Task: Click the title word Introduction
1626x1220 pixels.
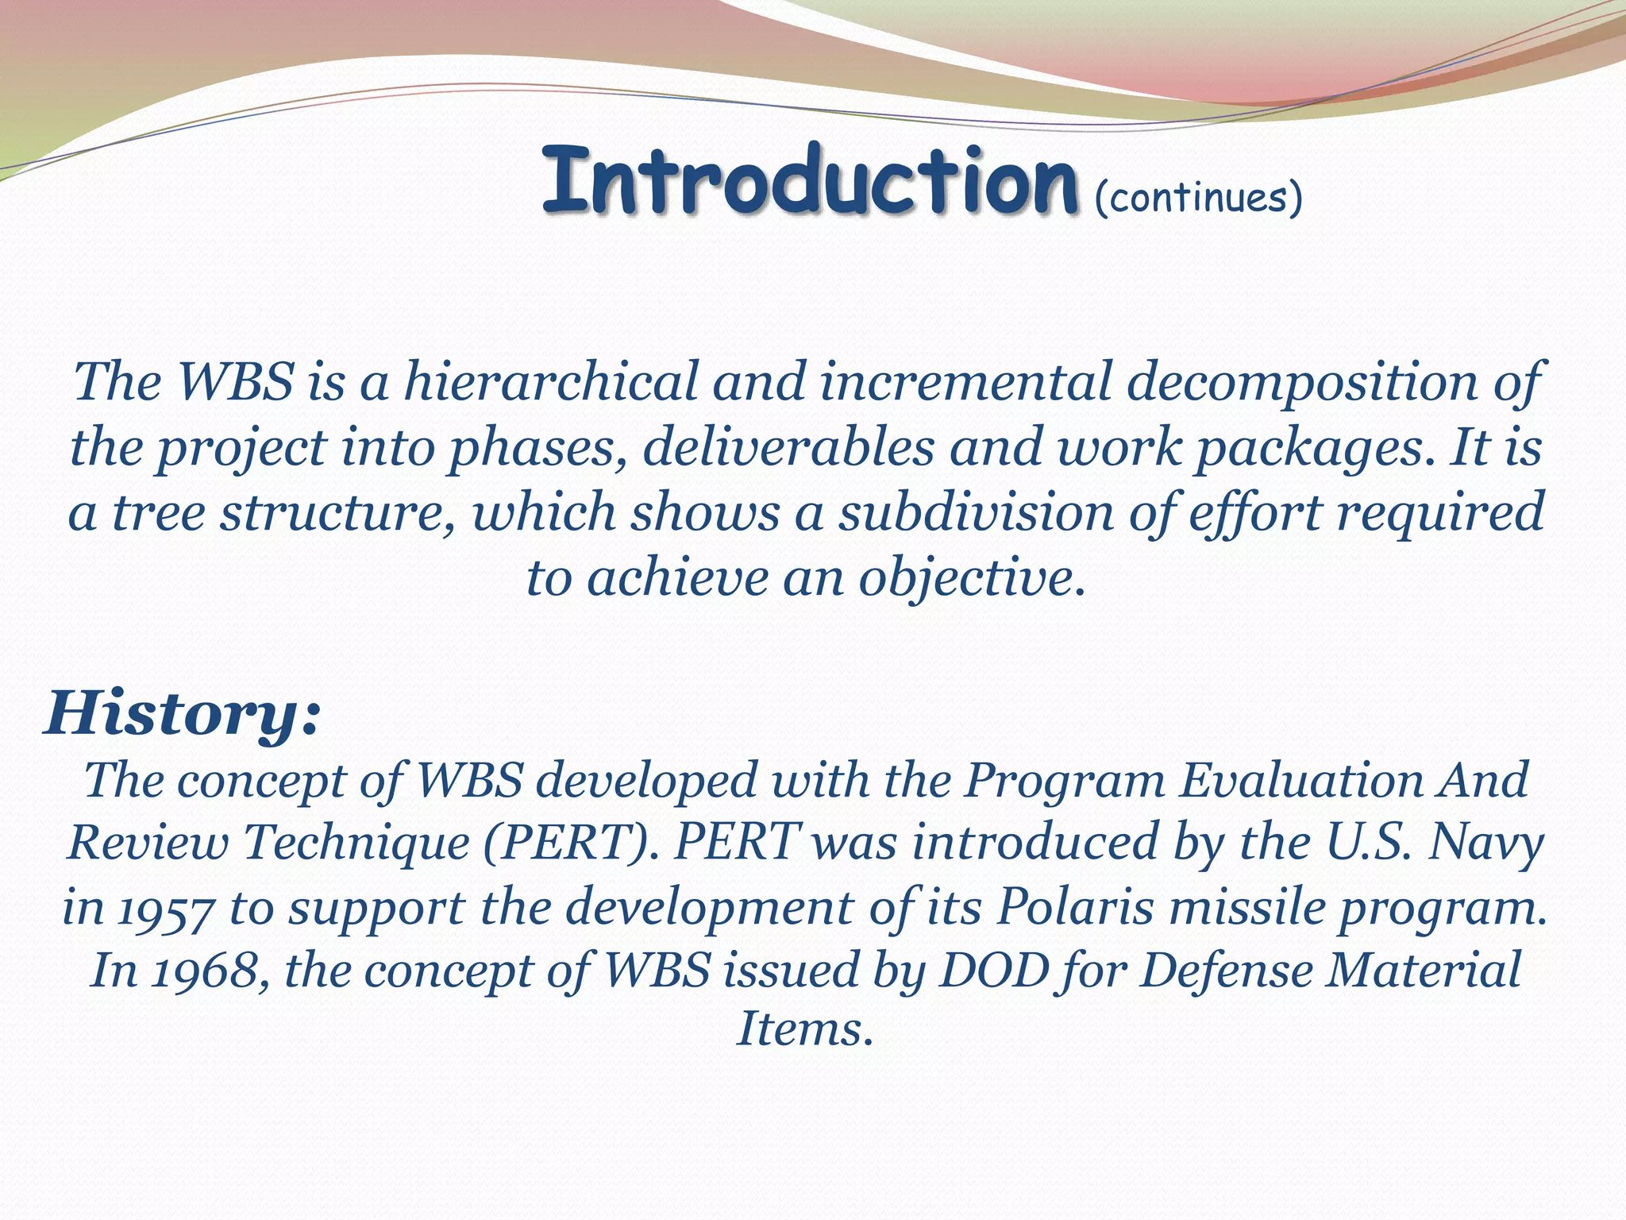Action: point(810,180)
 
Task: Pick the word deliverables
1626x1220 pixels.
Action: point(788,447)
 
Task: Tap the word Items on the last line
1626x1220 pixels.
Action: point(804,1030)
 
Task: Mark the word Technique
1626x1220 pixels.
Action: point(356,842)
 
